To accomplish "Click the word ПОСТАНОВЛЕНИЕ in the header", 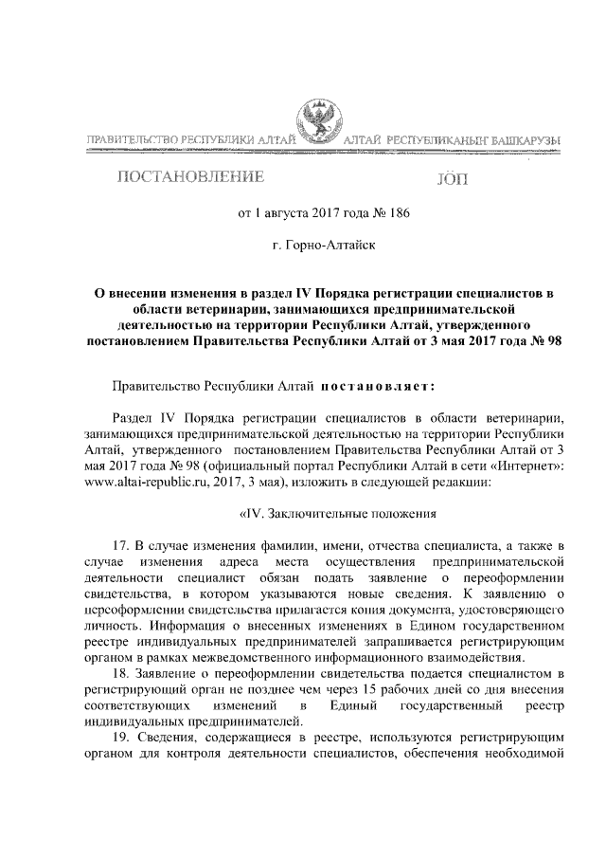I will (x=190, y=176).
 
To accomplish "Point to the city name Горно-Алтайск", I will (x=330, y=246).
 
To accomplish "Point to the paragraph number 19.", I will (x=119, y=736).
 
